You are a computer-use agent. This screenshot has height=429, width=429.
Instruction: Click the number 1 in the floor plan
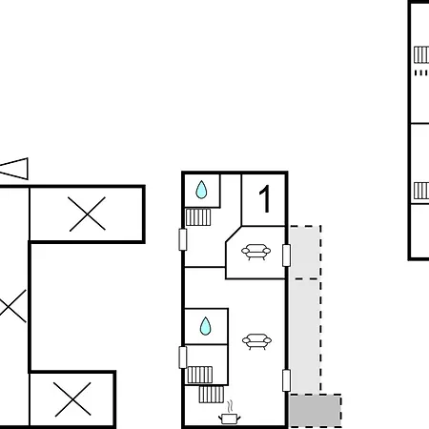coord(265,199)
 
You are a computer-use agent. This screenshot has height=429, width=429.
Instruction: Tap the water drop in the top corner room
coord(201,190)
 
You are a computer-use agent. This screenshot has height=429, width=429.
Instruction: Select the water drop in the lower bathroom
coord(205,326)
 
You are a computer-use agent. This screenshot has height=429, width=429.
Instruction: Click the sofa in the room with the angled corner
coord(255,252)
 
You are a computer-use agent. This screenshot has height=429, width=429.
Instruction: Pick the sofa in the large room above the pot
coord(256,341)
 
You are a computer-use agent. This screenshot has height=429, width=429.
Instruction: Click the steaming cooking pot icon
coord(230,413)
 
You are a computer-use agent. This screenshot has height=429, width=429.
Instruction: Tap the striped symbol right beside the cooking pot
coord(212,395)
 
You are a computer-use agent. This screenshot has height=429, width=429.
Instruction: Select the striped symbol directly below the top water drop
coord(198,217)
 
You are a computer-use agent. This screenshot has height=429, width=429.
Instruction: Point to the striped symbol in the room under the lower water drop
coord(200,375)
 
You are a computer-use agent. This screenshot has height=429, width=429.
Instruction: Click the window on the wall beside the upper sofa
coord(286,255)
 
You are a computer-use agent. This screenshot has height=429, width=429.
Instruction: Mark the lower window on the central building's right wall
coord(286,380)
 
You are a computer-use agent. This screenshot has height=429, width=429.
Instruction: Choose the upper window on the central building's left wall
coord(183,239)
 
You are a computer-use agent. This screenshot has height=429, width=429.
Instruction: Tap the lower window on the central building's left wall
coord(183,357)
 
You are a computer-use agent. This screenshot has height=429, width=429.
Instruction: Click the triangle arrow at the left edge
coord(14,169)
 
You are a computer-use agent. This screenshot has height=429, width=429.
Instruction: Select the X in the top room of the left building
coord(88,214)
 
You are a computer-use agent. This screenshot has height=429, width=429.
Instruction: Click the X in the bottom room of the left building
coord(72,399)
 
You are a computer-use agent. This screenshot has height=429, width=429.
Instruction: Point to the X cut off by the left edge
coord(12,306)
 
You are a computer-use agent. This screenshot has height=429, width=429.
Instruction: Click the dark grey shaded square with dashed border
coord(316,411)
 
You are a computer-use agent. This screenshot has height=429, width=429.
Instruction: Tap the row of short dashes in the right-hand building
coord(421,72)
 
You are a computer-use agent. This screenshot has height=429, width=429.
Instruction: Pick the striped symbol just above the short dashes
coord(421,54)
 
